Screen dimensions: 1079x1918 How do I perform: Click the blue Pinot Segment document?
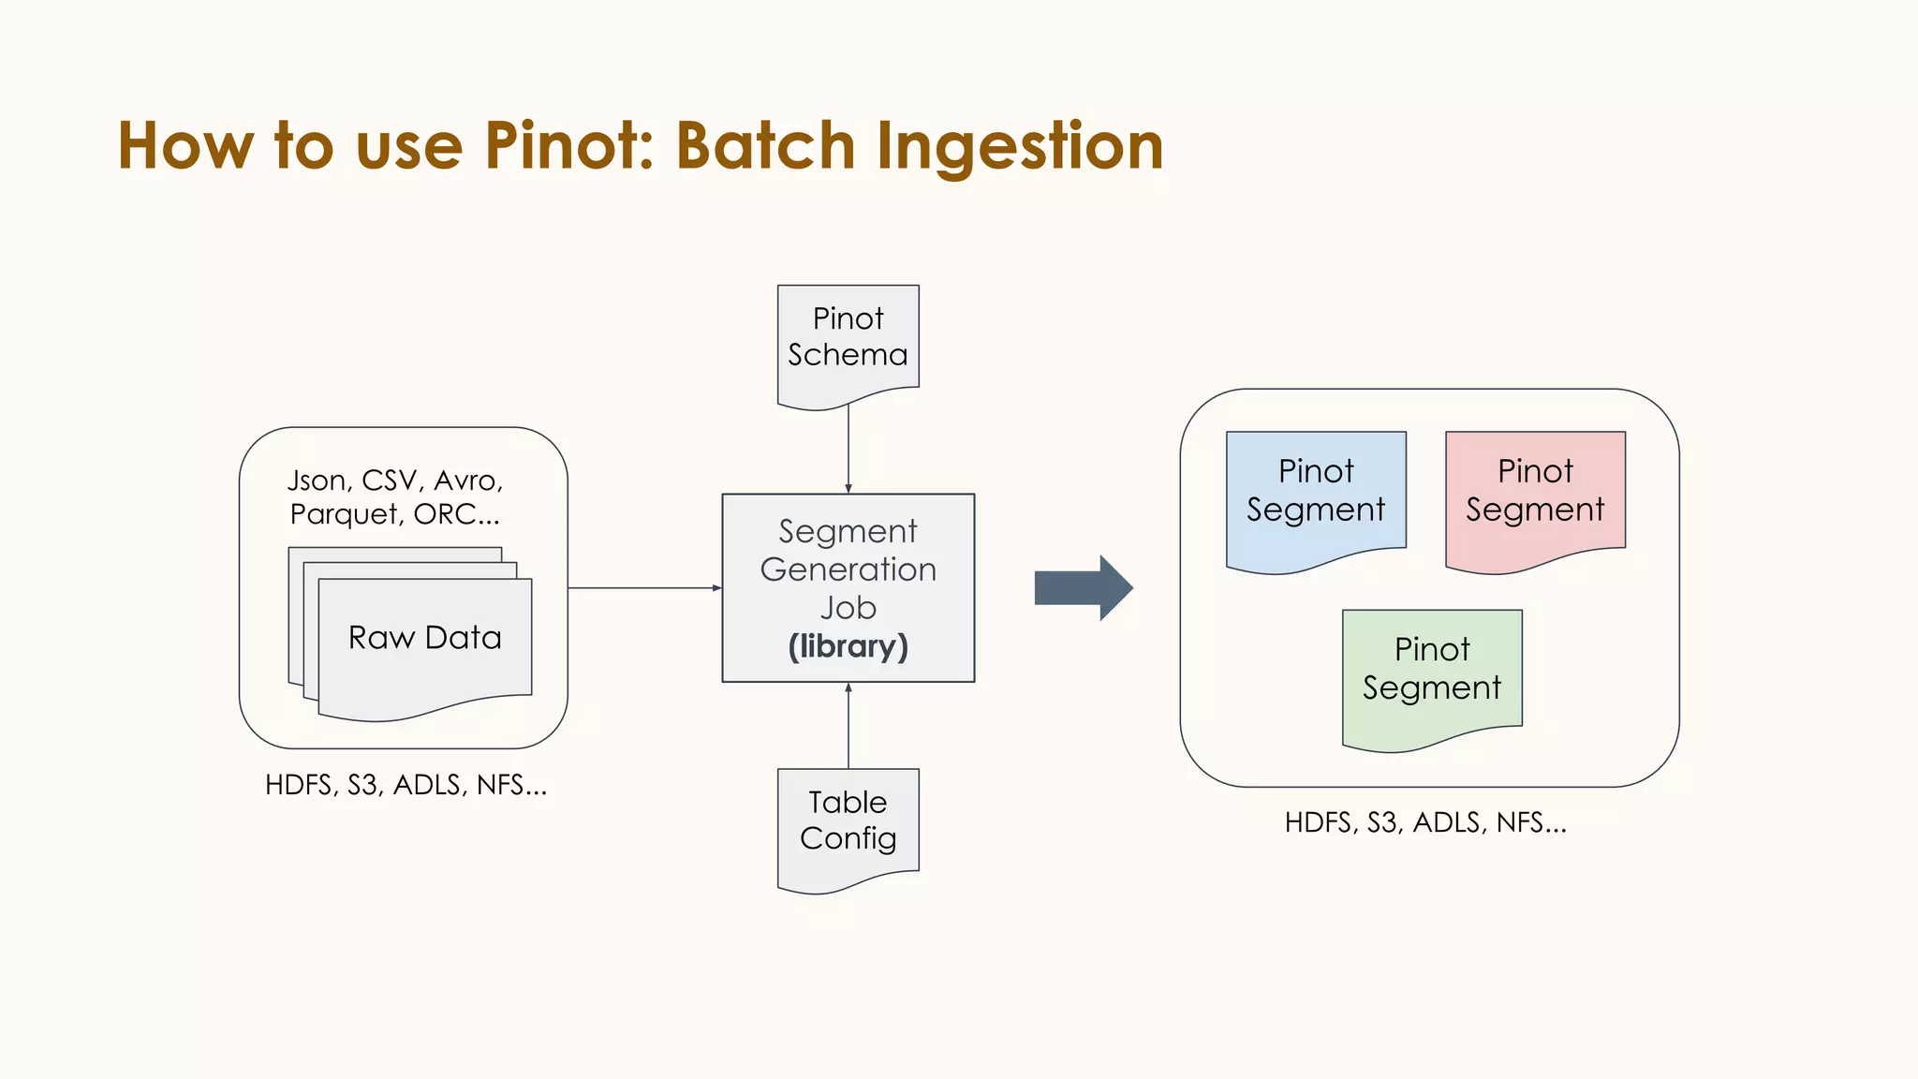coord(1316,496)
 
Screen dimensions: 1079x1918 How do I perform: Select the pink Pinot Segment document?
coord(1535,496)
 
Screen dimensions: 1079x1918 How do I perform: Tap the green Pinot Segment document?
coord(1432,674)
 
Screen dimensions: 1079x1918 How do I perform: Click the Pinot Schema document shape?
coord(848,342)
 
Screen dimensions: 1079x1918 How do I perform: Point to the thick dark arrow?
coord(1083,588)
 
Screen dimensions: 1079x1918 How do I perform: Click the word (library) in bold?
coord(848,646)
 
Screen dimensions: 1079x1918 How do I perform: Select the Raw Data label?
coord(424,638)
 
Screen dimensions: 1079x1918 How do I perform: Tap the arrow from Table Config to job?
coord(848,726)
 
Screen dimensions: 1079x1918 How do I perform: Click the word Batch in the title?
coord(765,146)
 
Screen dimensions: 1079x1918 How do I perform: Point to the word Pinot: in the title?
coord(569,146)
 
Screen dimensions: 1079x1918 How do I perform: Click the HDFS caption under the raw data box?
coord(406,785)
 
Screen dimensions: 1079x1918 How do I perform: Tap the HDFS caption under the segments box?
coord(1424,822)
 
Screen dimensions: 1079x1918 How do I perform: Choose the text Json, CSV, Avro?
coord(395,480)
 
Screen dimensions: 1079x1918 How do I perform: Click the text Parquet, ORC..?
coord(394,514)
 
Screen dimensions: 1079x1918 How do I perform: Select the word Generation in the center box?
coord(848,569)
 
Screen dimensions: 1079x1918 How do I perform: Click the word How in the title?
coord(185,146)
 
